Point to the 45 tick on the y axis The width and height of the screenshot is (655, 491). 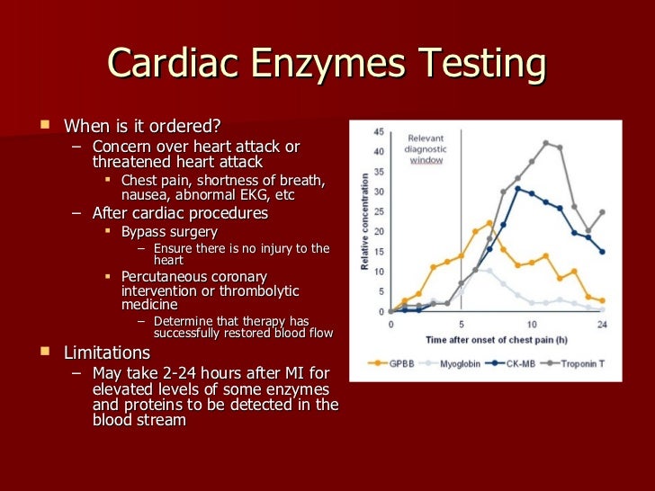379,131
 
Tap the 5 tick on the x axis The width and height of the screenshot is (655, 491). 461,323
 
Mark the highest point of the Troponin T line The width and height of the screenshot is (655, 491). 545,143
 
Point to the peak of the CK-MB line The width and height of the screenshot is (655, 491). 517,188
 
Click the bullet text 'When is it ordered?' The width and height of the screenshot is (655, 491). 141,125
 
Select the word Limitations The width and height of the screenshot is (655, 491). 107,353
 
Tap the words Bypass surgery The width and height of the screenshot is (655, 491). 169,232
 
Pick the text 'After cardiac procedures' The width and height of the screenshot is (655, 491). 180,213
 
